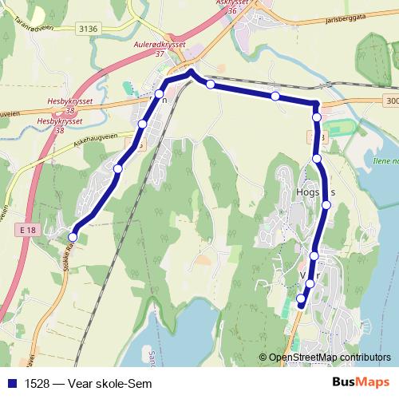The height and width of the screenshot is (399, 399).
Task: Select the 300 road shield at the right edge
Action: (390, 101)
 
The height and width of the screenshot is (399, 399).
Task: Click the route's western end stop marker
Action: (73, 236)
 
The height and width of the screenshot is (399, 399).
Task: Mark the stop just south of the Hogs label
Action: (326, 206)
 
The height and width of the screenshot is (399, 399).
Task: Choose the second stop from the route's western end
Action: (118, 168)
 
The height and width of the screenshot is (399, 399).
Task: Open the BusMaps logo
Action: (361, 382)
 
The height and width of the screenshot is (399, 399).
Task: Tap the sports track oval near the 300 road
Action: (341, 127)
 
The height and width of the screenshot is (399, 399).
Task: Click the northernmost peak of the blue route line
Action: (190, 73)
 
